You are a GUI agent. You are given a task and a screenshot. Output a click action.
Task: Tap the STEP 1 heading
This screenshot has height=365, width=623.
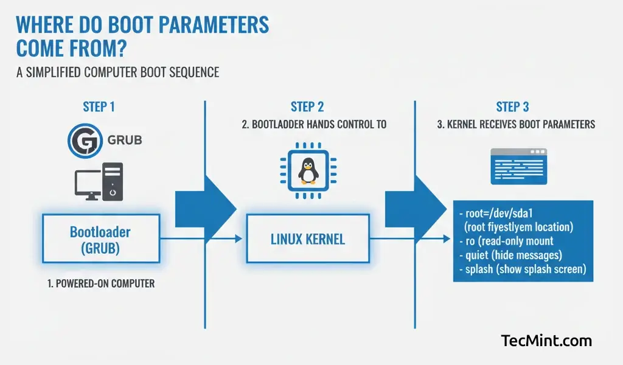[99, 107]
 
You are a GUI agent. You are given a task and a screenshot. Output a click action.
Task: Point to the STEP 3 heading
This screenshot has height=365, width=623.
[512, 107]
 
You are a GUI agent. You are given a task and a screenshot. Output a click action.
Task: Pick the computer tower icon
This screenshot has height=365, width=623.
[113, 181]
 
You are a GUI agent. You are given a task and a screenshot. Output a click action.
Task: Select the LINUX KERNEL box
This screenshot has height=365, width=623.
[307, 238]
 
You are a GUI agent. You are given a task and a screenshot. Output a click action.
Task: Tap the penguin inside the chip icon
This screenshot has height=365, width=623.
[308, 170]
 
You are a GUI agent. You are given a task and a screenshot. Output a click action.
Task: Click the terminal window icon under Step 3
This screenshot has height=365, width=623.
[519, 166]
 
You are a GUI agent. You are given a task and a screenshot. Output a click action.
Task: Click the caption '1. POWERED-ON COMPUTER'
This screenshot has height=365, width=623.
[100, 283]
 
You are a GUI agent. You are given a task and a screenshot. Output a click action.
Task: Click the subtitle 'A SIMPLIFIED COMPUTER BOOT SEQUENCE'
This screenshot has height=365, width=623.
[117, 72]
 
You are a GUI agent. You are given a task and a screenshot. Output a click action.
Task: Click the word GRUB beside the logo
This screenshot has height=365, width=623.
[124, 141]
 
